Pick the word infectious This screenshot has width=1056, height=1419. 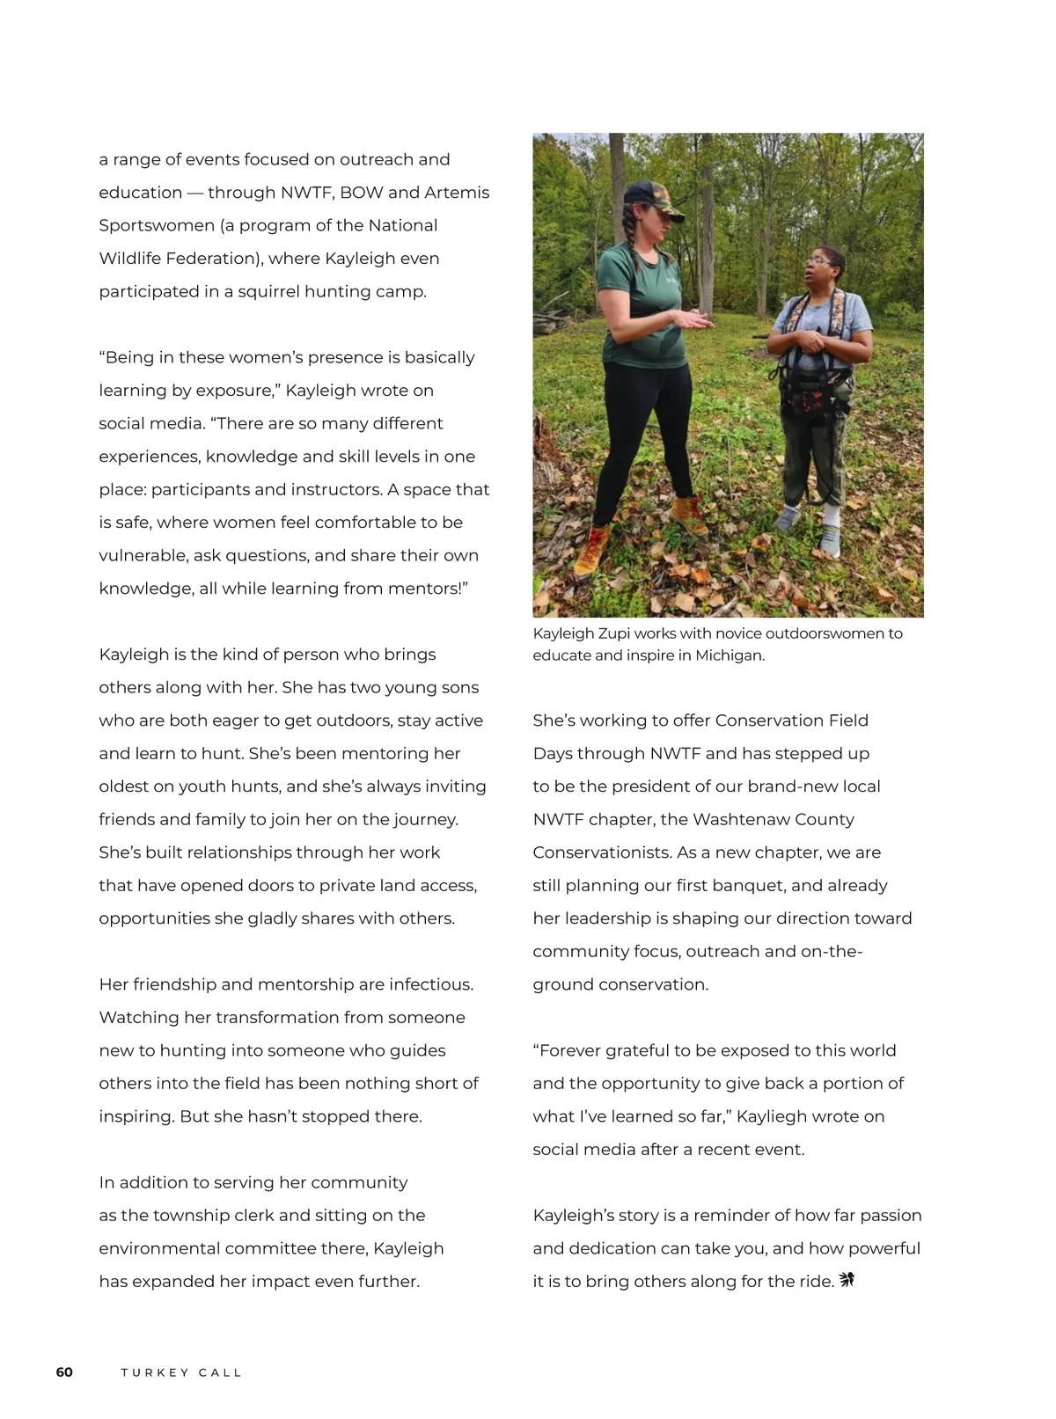(431, 984)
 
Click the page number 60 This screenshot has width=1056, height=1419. (64, 1372)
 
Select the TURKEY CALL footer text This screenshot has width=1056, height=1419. (181, 1372)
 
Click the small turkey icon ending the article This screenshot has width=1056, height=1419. (847, 1280)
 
